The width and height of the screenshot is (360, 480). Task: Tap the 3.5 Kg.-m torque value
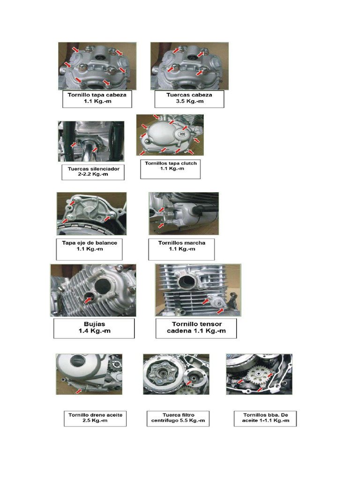click(x=189, y=101)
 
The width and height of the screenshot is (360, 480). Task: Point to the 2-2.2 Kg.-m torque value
click(x=93, y=174)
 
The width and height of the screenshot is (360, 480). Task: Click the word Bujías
click(x=94, y=324)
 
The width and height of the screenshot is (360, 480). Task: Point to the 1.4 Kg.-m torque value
click(x=94, y=331)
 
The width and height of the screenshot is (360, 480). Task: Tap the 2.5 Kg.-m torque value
click(x=95, y=420)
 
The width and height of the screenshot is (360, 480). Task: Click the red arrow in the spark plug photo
click(x=88, y=300)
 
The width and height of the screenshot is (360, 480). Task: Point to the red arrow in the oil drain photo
click(x=79, y=391)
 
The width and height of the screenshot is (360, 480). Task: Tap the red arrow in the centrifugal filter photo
click(x=189, y=382)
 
